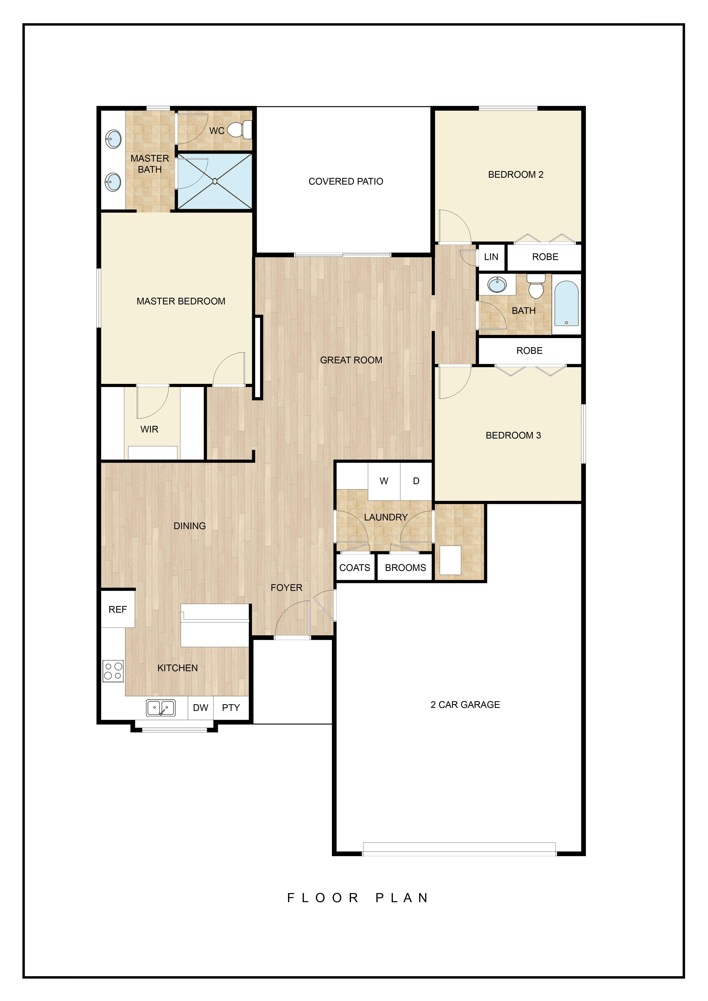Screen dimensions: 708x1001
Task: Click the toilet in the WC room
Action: (x=240, y=130)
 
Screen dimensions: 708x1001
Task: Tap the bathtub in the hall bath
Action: (x=566, y=303)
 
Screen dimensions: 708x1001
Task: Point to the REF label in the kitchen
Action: (x=118, y=609)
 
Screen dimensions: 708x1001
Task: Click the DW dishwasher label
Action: (x=201, y=708)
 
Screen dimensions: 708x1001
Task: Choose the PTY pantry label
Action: (x=231, y=708)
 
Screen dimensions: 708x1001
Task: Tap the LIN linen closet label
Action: (x=491, y=257)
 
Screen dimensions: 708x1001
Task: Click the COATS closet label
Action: (x=355, y=568)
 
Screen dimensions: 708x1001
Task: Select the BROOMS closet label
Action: (x=406, y=568)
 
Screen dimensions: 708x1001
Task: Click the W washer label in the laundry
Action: (x=384, y=481)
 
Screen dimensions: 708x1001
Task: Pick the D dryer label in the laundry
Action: (x=416, y=481)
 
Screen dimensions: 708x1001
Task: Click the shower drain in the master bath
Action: (x=215, y=181)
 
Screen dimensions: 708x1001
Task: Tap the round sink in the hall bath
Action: (x=497, y=285)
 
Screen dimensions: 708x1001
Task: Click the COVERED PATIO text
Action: (x=346, y=181)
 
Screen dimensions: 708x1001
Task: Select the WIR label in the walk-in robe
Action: (x=149, y=429)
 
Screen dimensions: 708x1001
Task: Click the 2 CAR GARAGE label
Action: (x=465, y=704)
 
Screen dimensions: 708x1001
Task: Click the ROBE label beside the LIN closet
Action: (x=545, y=257)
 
